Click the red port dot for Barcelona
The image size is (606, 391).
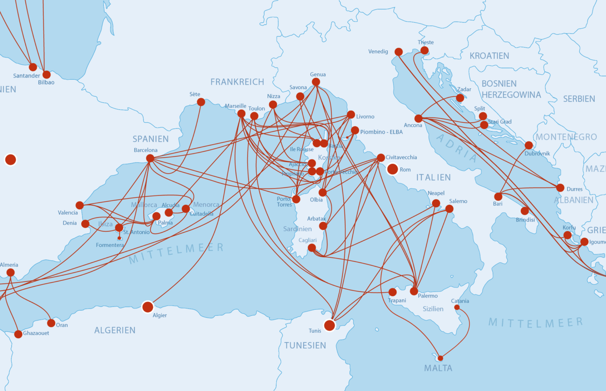(x=150, y=158)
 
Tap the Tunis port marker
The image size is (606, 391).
(x=329, y=325)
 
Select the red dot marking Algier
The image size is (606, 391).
(x=147, y=307)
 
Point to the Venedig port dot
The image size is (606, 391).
(x=398, y=52)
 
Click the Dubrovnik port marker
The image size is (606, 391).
(x=529, y=145)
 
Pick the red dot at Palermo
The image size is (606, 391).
(x=414, y=291)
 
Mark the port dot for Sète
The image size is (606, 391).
(x=201, y=102)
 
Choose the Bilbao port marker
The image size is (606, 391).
(x=47, y=75)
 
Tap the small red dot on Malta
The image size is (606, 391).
(x=440, y=358)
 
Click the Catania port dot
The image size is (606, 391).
(x=457, y=307)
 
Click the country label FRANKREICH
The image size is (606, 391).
(x=237, y=82)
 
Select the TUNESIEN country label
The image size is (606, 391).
(x=305, y=346)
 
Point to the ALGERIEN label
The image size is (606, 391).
(x=115, y=330)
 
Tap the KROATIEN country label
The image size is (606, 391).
(x=489, y=56)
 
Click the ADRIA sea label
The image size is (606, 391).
(x=457, y=148)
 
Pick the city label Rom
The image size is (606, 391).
(x=405, y=169)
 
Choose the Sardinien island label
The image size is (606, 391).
(x=298, y=229)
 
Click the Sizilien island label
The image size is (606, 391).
(x=433, y=309)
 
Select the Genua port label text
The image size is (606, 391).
(x=318, y=74)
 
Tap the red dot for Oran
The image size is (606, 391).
(x=51, y=323)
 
